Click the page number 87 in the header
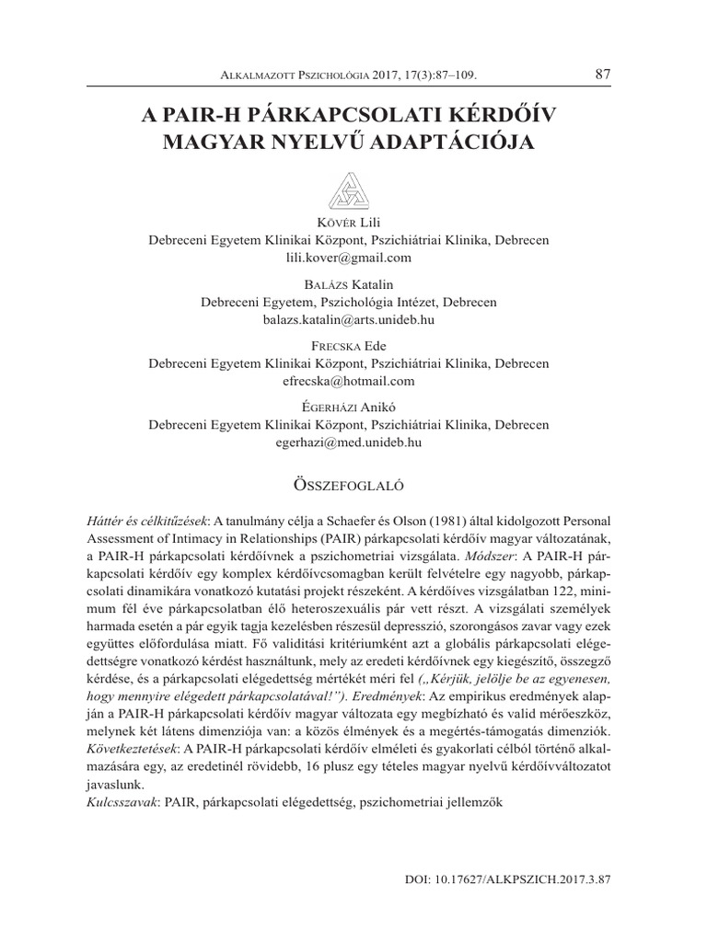tap(603, 74)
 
